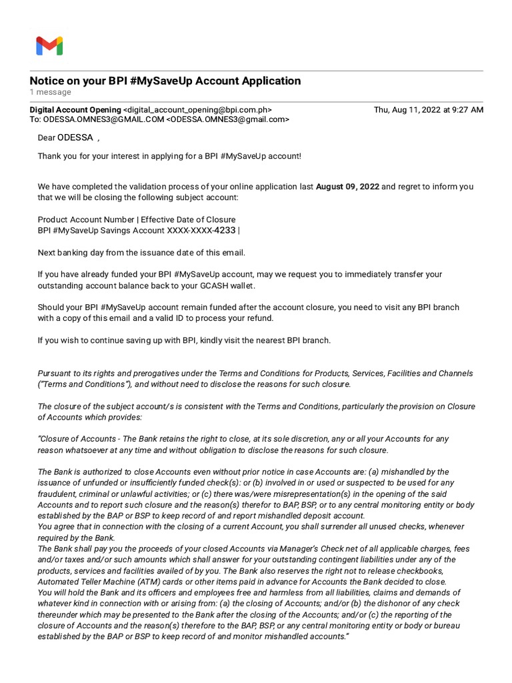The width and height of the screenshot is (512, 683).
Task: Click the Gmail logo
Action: [49, 45]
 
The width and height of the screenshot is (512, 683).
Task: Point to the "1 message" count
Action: [50, 92]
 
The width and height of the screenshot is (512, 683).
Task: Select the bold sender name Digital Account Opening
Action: [75, 110]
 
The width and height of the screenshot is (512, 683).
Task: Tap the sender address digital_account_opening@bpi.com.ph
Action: [197, 110]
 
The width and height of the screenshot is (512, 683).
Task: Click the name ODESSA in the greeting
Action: [75, 138]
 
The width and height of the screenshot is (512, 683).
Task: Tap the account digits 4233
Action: [224, 230]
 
